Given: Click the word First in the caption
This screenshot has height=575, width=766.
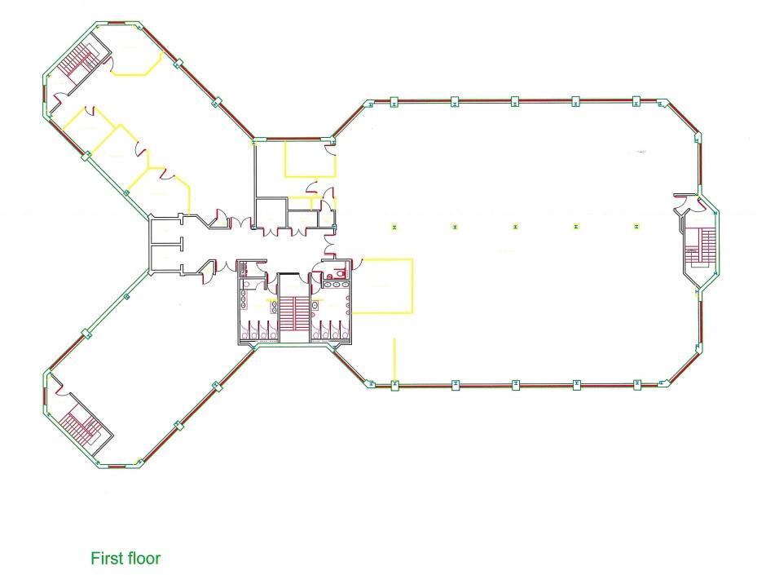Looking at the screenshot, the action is pyautogui.click(x=107, y=558).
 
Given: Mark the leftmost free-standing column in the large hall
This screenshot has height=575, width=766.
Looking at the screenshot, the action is pyautogui.click(x=394, y=227).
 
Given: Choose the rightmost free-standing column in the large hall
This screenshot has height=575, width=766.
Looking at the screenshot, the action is pyautogui.click(x=636, y=227).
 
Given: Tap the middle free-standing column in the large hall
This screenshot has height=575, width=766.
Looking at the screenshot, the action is pyautogui.click(x=515, y=227).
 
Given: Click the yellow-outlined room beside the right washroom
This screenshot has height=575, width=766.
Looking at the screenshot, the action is pyautogui.click(x=382, y=286).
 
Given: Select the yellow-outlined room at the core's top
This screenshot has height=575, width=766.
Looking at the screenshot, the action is pyautogui.click(x=310, y=158).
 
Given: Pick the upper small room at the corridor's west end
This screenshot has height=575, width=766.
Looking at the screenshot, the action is pyautogui.click(x=165, y=230).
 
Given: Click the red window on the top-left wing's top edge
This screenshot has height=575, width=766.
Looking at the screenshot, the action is pyautogui.click(x=117, y=23).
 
